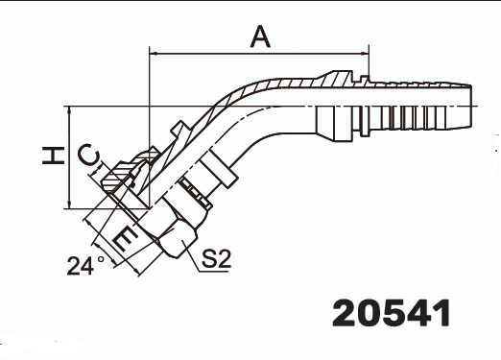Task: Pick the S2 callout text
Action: click(217, 258)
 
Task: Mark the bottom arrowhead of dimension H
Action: click(70, 204)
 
